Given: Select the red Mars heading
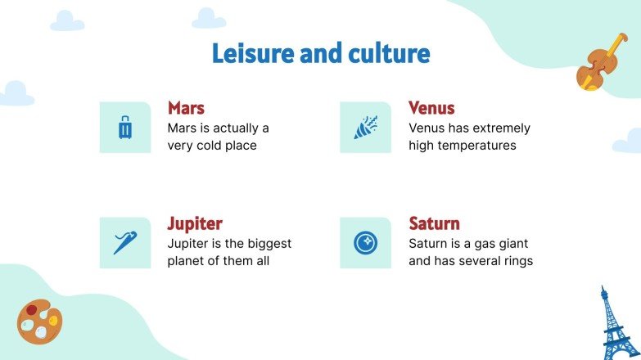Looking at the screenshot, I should (186, 108).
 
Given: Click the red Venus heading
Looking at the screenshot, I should (431, 108).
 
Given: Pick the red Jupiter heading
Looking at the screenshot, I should (195, 223).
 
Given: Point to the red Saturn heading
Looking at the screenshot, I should (434, 223).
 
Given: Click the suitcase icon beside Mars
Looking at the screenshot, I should (125, 128).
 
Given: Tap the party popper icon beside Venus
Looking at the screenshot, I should (365, 128).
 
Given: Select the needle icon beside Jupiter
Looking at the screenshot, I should (125, 243).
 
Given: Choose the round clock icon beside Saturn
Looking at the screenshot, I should (365, 243).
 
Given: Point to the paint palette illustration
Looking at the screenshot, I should (39, 321).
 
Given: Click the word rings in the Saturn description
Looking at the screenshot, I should (517, 261).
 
